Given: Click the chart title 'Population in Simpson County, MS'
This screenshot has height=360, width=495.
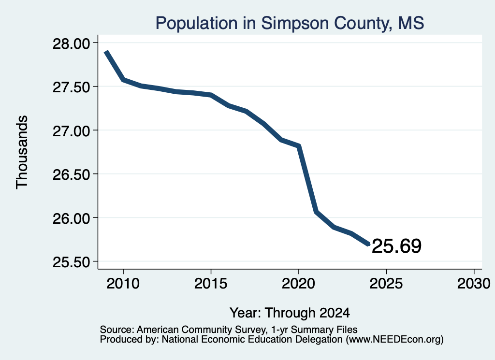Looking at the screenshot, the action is point(290,23).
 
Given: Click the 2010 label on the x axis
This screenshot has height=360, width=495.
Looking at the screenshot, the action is point(123,284).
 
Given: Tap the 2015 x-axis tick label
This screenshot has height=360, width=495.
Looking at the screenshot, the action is point(211,284).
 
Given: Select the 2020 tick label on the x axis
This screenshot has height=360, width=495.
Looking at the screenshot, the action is point(298,284).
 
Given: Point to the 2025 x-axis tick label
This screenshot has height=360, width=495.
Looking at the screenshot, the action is point(386,284).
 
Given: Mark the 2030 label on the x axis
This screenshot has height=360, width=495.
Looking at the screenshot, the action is point(474,284).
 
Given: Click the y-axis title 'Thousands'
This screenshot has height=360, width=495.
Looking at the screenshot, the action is point(22,152).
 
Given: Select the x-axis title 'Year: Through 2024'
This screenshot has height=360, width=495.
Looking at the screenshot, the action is point(290,313).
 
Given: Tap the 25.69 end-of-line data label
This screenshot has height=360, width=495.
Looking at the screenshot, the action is point(396,246).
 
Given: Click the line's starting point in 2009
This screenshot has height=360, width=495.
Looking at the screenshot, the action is point(106,51).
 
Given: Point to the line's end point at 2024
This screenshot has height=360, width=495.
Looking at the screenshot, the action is point(369,244).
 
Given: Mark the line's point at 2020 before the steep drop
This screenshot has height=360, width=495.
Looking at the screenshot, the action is point(299,146).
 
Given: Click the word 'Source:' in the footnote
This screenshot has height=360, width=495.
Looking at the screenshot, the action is point(117,330).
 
